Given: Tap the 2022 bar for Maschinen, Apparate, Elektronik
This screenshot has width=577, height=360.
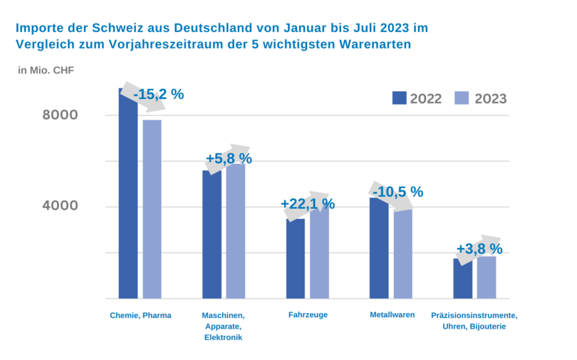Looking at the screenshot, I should pyautogui.click(x=212, y=235).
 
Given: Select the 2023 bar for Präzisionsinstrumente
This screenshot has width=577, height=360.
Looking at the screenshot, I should pyautogui.click(x=487, y=277).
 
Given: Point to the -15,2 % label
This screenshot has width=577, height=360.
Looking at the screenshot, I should pyautogui.click(x=158, y=94).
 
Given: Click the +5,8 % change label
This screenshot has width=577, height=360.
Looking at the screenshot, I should pyautogui.click(x=229, y=158).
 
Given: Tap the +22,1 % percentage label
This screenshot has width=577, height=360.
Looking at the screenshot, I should pyautogui.click(x=308, y=204).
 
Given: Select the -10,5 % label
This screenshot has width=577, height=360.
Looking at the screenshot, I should pyautogui.click(x=397, y=192).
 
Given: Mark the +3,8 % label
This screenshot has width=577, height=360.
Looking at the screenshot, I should pyautogui.click(x=479, y=250).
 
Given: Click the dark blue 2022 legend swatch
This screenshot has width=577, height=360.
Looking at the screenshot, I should pyautogui.click(x=399, y=98).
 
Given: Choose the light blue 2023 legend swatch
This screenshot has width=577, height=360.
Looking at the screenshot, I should pyautogui.click(x=462, y=98).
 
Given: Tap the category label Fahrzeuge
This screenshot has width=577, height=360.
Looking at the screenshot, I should pyautogui.click(x=308, y=314).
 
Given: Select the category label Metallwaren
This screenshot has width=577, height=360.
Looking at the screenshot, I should pyautogui.click(x=393, y=314).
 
